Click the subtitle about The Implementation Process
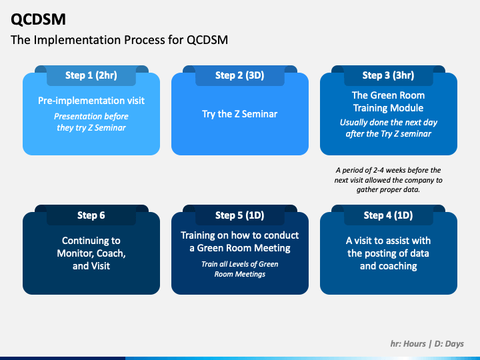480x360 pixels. coord(119,40)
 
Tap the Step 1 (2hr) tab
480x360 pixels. coord(91,75)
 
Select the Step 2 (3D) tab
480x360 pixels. coord(239,75)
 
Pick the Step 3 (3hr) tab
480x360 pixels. coord(388,75)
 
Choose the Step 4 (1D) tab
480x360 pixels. coord(388,215)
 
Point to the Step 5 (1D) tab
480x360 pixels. coord(239,215)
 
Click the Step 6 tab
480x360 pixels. coord(91,215)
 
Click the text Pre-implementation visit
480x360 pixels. coord(91,101)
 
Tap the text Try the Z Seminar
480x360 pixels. coord(239,114)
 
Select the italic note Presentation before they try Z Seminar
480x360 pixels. coord(91,122)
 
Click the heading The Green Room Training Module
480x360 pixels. coord(388,101)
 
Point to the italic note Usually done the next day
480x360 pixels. coord(388,128)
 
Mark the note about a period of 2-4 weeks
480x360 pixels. coord(388,180)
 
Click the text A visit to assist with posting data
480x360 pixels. coord(388,253)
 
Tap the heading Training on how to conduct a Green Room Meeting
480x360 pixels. coord(239,241)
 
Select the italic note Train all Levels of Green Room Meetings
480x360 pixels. coord(239,269)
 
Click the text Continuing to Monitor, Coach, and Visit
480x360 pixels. coord(91,253)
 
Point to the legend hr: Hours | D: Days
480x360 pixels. coord(427,344)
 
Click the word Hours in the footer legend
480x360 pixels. coord(414,344)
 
